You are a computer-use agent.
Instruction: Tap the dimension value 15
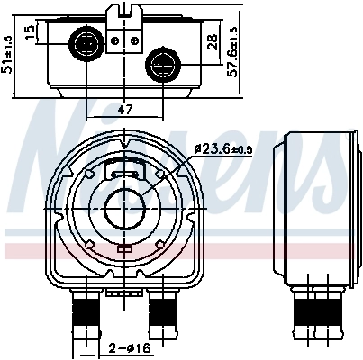coord(30,33)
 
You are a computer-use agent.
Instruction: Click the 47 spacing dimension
coord(125,111)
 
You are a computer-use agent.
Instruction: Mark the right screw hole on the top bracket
coord(132,40)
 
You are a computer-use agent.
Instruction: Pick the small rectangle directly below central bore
coord(123,247)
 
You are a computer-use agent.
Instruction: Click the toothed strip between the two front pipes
coord(123,292)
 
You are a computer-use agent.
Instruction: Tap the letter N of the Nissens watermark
coord(54,144)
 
